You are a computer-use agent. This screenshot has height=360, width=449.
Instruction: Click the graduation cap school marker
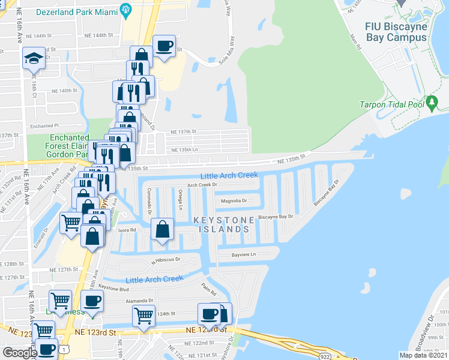[34, 59]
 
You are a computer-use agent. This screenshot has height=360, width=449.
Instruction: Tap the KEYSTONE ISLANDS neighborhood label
[221, 225]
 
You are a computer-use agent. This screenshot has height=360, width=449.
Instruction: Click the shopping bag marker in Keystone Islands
[163, 229]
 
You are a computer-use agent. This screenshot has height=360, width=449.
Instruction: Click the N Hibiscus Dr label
[166, 260]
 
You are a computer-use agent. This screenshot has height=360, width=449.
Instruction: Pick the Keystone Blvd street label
[114, 288]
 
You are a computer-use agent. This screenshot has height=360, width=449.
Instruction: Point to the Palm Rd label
[209, 290]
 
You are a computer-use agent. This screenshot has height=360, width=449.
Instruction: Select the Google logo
[20, 353]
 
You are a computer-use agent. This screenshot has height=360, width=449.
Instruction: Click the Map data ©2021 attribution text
[423, 355]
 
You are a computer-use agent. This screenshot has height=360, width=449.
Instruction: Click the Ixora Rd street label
[128, 230]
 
